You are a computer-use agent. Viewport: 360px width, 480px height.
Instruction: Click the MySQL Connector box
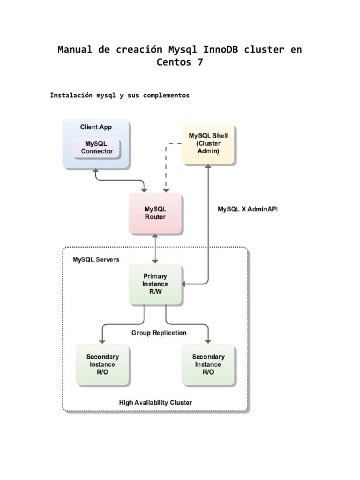click(x=96, y=148)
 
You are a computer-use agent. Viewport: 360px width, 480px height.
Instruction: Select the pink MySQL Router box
click(x=156, y=213)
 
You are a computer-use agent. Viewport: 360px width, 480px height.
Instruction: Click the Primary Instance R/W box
click(x=155, y=284)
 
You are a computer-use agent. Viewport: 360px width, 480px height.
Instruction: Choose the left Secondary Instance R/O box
click(x=103, y=364)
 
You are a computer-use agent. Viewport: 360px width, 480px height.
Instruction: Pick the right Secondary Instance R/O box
click(x=208, y=364)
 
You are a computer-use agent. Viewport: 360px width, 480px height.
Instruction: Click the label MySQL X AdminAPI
click(x=247, y=210)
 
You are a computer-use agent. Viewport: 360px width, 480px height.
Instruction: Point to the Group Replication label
click(x=158, y=333)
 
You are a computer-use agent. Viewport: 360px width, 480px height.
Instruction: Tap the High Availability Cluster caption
click(x=156, y=402)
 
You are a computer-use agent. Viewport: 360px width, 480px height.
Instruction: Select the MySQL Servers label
click(x=96, y=259)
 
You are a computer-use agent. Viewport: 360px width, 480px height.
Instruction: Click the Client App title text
click(x=96, y=127)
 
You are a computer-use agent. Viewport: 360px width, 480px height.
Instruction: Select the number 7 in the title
click(x=201, y=62)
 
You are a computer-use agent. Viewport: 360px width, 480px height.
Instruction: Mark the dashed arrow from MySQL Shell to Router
click(x=165, y=164)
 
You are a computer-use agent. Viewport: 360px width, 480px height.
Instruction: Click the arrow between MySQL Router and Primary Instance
click(x=156, y=249)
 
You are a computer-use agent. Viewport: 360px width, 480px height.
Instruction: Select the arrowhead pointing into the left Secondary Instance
click(x=102, y=339)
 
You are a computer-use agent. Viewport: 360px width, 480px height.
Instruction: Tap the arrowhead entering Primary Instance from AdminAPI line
click(x=186, y=284)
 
